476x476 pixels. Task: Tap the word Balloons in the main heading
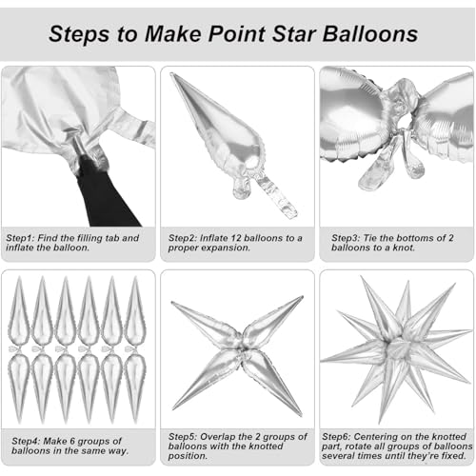(x=370, y=33)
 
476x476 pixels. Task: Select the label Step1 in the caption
(x=20, y=238)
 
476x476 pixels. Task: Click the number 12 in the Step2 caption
(x=235, y=238)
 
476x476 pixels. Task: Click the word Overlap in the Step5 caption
(x=218, y=437)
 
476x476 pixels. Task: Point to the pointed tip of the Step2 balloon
(x=172, y=75)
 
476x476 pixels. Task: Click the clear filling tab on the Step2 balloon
(x=276, y=196)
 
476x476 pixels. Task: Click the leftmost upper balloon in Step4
(x=19, y=311)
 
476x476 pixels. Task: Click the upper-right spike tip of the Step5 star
(x=302, y=298)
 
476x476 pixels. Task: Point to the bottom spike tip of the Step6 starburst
(x=380, y=423)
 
